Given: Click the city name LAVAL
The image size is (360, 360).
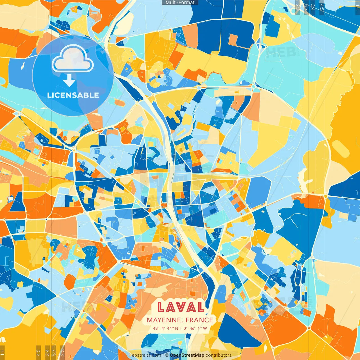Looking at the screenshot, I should point(181,307).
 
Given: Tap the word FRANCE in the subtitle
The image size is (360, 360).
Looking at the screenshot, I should point(199,320).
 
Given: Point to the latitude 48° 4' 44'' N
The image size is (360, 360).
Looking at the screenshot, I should point(166,328).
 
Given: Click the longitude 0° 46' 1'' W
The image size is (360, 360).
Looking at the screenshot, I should point(195,328).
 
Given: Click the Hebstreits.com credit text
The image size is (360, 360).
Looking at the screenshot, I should point(145,355).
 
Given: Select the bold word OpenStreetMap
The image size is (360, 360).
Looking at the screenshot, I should point(187,355).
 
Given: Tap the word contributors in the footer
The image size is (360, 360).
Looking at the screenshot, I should point(219,355).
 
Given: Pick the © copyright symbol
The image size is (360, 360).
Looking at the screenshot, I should point(167,355).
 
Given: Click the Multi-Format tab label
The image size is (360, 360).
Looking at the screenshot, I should point(180,3).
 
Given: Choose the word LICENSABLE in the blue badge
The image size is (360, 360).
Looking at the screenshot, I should point(73,95).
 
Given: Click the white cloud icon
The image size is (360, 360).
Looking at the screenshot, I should point(73,60).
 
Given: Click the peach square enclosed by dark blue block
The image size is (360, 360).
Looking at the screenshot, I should point(233,40).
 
